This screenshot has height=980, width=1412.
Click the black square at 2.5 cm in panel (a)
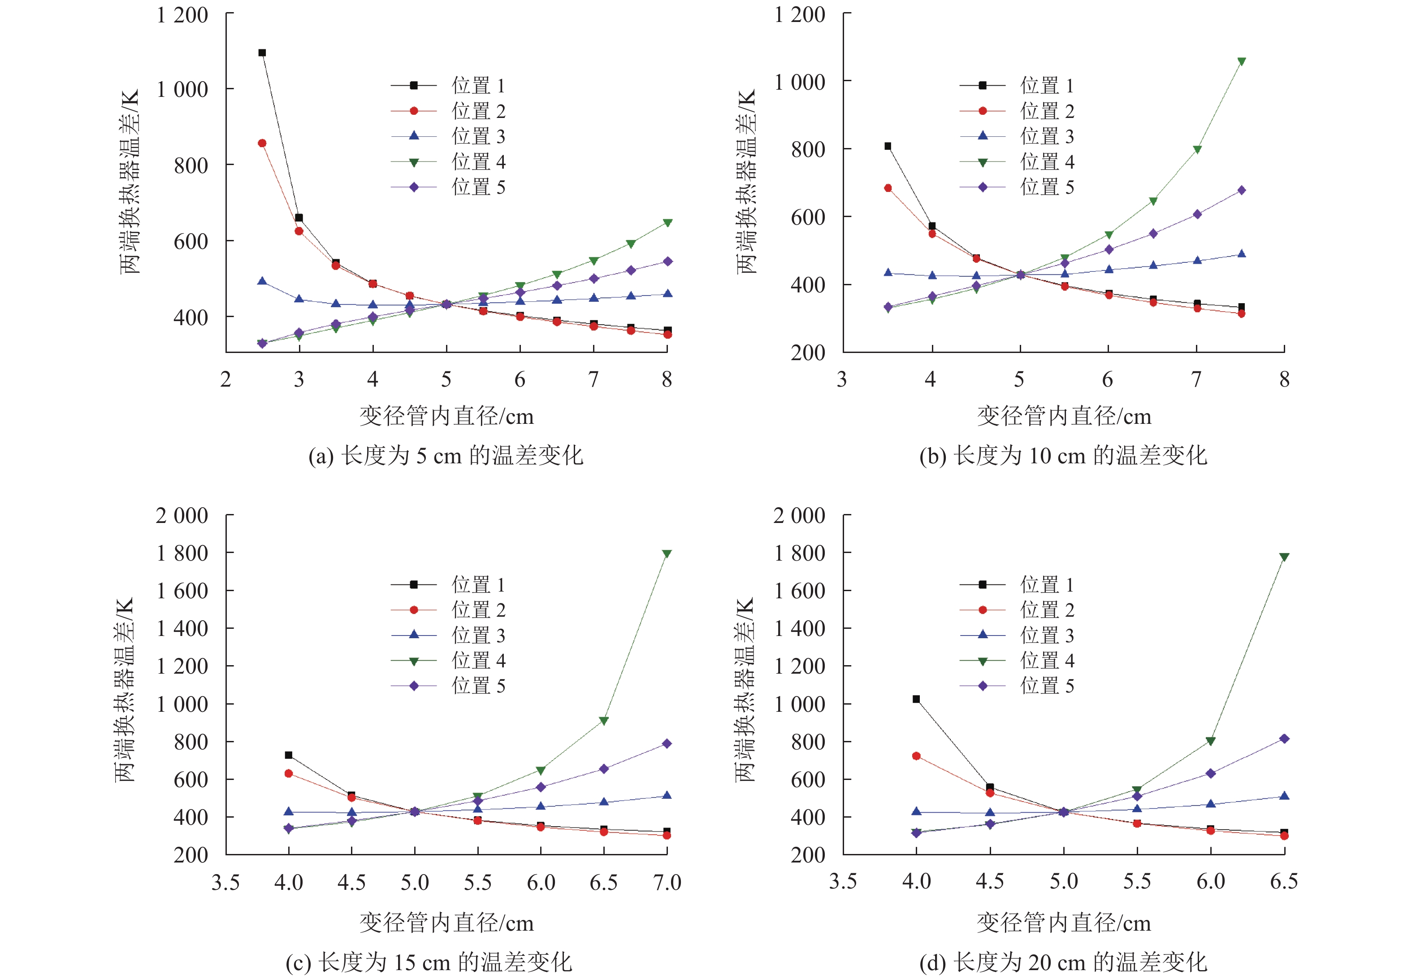coord(262,53)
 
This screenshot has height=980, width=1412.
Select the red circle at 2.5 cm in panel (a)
coord(262,143)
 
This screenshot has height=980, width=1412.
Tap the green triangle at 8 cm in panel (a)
coord(667,222)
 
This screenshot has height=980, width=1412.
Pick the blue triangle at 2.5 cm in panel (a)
coord(262,281)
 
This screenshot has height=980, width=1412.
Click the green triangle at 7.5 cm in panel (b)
coord(1241,61)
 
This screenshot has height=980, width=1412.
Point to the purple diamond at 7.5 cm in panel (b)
coord(1241,190)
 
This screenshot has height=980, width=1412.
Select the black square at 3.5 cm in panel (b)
coord(888,146)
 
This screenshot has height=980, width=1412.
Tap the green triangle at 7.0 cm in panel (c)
coord(667,553)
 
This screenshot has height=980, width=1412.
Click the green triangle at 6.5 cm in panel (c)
coord(604,720)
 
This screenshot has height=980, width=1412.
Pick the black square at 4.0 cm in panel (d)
coord(916,699)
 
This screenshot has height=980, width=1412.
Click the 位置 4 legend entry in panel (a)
coord(448,162)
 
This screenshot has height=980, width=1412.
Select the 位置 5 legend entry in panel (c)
coord(448,686)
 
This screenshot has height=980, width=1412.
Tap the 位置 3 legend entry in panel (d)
coord(1017,636)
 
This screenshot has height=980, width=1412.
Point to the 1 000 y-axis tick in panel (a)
coord(182,90)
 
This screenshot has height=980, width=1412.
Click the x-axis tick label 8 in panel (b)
coord(1284,379)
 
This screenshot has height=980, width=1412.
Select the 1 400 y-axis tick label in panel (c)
coord(182,629)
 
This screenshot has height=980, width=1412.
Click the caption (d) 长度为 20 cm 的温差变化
coord(1063,962)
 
